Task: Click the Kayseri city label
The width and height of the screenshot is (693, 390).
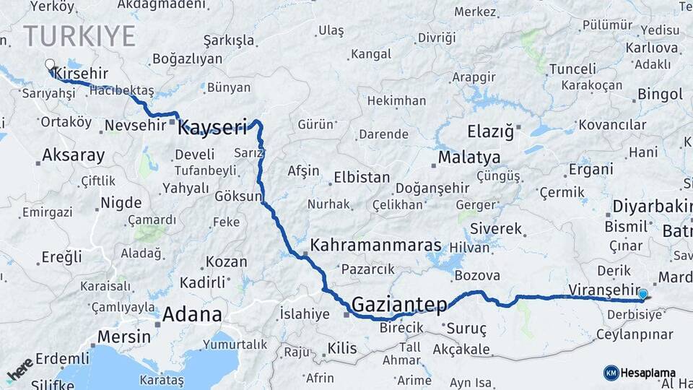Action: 212,128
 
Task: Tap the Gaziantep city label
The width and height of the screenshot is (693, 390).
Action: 400,305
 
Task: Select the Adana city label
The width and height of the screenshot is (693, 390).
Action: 192,314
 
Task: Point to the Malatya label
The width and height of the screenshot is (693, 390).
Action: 469,157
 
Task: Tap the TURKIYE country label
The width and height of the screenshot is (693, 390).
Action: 79,35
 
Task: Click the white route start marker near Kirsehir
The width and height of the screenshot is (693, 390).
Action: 50,64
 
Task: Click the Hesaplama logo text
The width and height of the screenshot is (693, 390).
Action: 649,373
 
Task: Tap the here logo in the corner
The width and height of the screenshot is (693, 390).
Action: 20,370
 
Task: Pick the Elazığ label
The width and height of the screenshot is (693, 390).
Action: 491,132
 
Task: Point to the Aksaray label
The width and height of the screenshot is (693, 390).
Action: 73,155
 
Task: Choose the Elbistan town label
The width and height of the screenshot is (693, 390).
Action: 361,178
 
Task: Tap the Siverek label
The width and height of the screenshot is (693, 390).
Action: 495,229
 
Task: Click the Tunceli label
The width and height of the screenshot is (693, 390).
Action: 572,69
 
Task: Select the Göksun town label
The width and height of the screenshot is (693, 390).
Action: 237,196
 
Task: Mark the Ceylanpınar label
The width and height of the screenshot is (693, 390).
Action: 635,335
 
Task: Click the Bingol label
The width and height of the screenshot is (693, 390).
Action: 660,94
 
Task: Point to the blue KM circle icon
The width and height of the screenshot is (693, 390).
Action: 611,373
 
